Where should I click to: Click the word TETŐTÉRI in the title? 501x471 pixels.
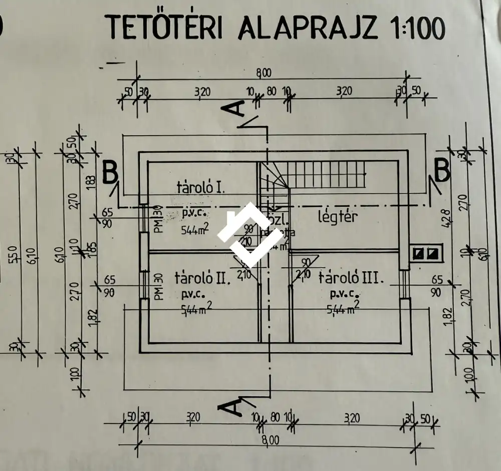coord(166,28)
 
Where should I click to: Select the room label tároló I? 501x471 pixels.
coord(201,188)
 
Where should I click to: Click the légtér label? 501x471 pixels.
coord(338,217)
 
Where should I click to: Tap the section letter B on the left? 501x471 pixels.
coord(111,172)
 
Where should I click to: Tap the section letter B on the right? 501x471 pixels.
coord(441,171)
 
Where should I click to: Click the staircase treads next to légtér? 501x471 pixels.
coord(326,174)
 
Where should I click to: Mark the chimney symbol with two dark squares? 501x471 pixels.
coord(426,253)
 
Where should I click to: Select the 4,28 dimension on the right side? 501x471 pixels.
coord(447,219)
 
